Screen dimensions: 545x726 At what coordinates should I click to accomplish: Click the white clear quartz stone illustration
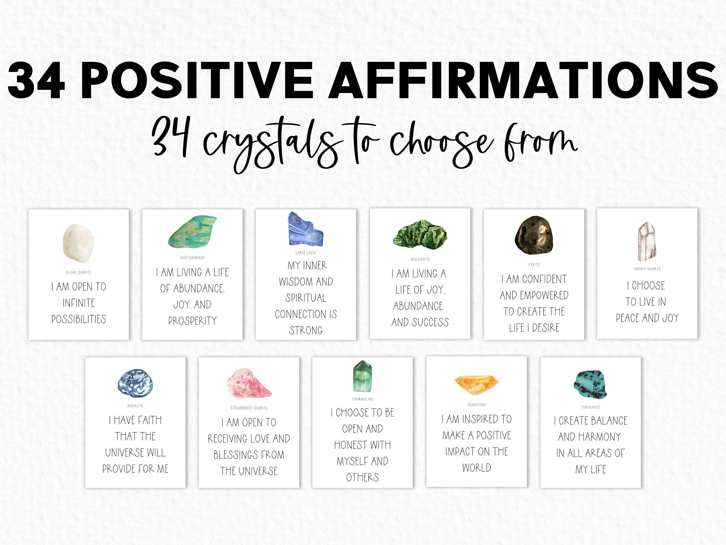pyautogui.click(x=78, y=243)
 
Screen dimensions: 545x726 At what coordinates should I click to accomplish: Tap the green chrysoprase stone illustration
pyautogui.click(x=192, y=232)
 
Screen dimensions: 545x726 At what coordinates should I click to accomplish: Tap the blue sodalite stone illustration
pyautogui.click(x=135, y=383)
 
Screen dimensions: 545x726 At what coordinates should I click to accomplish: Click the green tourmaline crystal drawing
pyautogui.click(x=362, y=377)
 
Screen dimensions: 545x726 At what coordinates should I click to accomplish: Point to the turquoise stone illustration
pyautogui.click(x=590, y=384)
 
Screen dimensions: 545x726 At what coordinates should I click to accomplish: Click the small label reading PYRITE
pyautogui.click(x=534, y=265)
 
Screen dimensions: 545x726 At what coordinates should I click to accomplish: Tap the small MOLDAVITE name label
pyautogui.click(x=420, y=259)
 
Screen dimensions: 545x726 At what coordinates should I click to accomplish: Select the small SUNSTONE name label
pyautogui.click(x=476, y=405)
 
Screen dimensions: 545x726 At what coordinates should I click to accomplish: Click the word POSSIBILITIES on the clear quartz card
pyautogui.click(x=79, y=319)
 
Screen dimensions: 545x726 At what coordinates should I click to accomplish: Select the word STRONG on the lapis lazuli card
pyautogui.click(x=306, y=330)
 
